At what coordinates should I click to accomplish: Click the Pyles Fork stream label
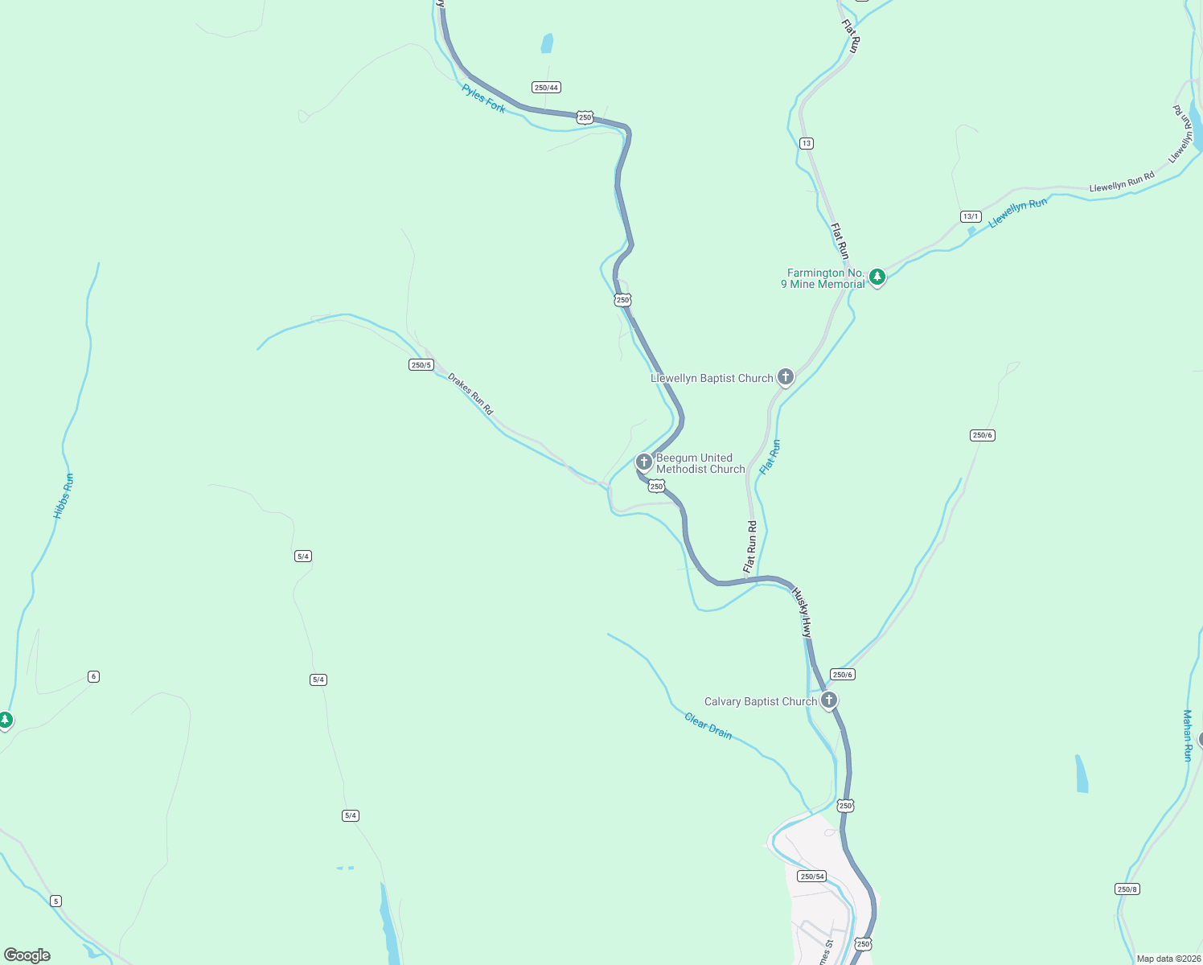point(484,98)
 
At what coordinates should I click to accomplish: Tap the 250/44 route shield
point(546,88)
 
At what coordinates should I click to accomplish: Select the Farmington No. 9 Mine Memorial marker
point(877,277)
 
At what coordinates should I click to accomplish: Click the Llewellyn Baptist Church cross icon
point(786,376)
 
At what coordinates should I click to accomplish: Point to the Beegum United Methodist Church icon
point(643,462)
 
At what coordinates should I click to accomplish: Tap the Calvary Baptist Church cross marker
point(829,700)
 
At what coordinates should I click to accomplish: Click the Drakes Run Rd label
point(470,393)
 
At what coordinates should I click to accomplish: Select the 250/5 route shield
point(421,365)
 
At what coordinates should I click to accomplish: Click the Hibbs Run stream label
point(64,496)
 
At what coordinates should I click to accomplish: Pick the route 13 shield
point(807,143)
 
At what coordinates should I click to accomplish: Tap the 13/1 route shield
point(971,216)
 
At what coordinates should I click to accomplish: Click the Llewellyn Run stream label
point(1018,213)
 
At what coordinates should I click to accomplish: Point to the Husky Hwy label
point(803,613)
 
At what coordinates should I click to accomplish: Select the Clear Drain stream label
point(708,725)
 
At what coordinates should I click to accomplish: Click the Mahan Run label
point(1188,735)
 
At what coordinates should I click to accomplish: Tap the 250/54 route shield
point(812,876)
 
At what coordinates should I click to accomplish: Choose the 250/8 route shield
point(1127,889)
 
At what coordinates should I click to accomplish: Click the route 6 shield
point(93,676)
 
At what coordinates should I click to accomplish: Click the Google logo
point(27,955)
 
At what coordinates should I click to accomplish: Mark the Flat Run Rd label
point(750,547)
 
